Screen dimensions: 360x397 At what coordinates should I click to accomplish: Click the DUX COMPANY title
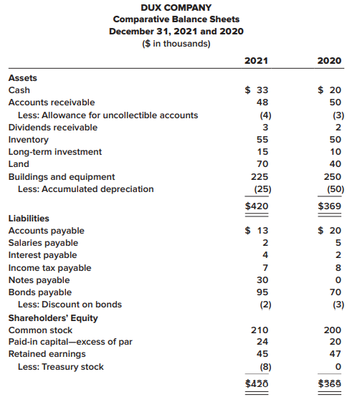click(176, 8)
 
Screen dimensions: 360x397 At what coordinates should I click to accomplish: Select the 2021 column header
click(256, 61)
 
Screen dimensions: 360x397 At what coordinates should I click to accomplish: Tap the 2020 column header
click(329, 61)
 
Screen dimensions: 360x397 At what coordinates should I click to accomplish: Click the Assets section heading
click(22, 78)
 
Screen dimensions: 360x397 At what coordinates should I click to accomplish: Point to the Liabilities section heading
click(29, 219)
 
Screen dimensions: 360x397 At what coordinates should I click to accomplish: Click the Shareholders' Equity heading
click(53, 318)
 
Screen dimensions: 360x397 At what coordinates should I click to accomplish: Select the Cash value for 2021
click(257, 90)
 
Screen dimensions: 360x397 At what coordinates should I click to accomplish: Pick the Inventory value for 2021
click(262, 140)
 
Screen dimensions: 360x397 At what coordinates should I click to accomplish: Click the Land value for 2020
click(335, 164)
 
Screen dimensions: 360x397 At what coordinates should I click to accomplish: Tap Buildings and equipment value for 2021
click(260, 176)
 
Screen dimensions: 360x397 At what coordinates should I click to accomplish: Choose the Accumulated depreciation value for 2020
click(336, 189)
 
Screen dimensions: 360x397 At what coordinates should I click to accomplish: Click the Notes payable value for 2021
click(262, 279)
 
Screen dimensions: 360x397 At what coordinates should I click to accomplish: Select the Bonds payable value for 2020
click(335, 292)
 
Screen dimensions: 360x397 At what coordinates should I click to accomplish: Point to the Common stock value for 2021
click(260, 330)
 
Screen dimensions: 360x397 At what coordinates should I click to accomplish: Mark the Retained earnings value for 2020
click(335, 354)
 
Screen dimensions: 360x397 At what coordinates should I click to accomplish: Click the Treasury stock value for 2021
click(265, 367)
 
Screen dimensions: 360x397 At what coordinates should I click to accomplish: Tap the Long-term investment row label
click(55, 152)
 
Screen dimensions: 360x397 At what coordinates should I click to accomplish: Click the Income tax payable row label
click(49, 268)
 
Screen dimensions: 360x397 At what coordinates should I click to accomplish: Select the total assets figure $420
click(257, 206)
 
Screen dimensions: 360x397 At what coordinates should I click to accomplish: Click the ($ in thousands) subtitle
click(176, 44)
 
